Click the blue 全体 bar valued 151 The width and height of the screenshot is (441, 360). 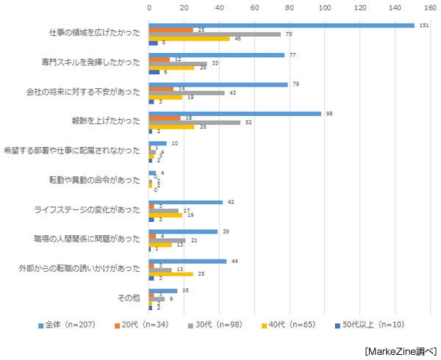pyautogui.click(x=281, y=25)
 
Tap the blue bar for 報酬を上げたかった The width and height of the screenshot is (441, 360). pyautogui.click(x=234, y=114)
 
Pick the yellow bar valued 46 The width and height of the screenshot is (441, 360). pyautogui.click(x=189, y=38)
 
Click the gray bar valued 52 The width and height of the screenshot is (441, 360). pyautogui.click(x=194, y=123)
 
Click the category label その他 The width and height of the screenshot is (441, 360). pyautogui.click(x=128, y=299)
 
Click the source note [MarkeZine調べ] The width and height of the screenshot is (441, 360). pyautogui.click(x=400, y=350)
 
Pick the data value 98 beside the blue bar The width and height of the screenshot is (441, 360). pyautogui.click(x=330, y=114)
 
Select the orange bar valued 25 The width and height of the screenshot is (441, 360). pyautogui.click(x=171, y=29)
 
